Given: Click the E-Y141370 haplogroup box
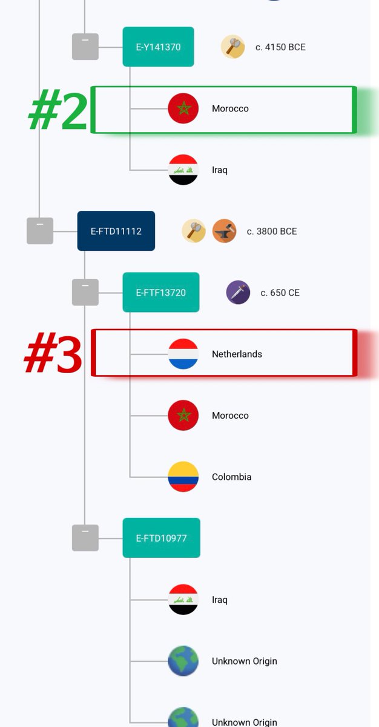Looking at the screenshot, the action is [x=158, y=47].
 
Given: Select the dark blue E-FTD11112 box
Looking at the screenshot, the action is [x=116, y=231].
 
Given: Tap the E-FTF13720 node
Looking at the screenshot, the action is [x=161, y=293].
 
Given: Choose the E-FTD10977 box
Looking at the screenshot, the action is [x=161, y=538].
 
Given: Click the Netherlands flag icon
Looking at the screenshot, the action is [x=183, y=354].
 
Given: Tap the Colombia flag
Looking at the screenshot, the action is [x=183, y=477].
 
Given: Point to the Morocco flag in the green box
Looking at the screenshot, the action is [x=183, y=108].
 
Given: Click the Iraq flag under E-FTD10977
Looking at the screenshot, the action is [x=183, y=600].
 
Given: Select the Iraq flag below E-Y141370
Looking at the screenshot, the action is [x=183, y=170].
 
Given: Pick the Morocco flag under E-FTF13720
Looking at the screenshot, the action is [x=183, y=416].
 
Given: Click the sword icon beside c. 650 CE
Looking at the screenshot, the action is [x=238, y=293].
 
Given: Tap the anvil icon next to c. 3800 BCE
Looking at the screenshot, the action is [x=225, y=231].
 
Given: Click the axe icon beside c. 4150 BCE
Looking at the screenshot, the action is [x=233, y=47].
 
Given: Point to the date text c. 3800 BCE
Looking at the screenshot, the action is [x=272, y=231].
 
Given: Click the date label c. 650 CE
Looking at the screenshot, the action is [x=280, y=293].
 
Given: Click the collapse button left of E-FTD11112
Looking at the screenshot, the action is [x=40, y=231].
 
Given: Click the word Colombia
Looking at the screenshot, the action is [x=232, y=477].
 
